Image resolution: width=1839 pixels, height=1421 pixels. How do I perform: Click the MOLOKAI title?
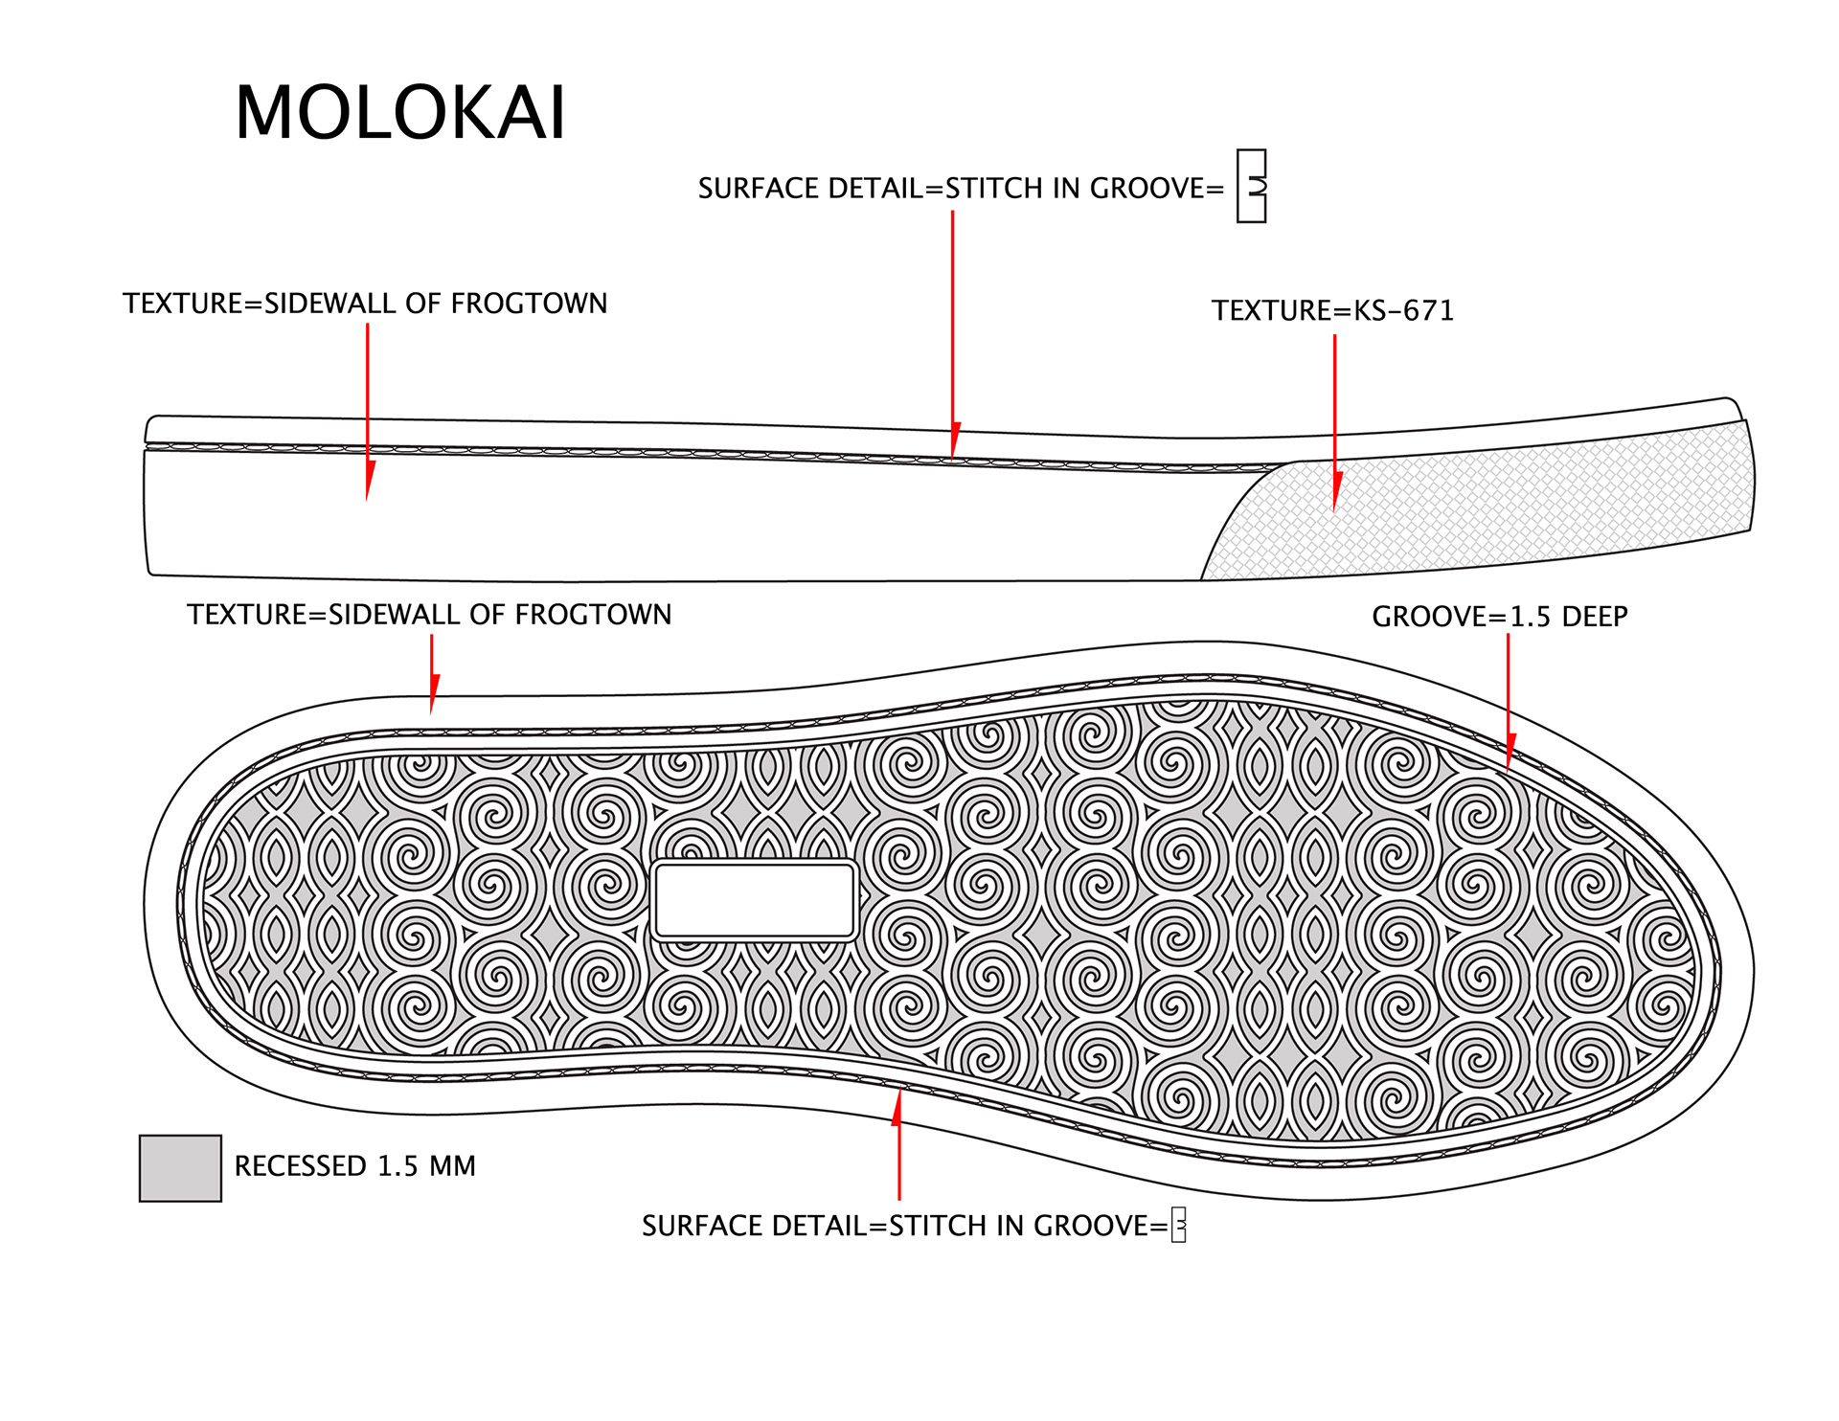pyautogui.click(x=400, y=113)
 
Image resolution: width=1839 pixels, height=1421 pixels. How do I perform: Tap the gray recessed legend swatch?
pyautogui.click(x=180, y=1168)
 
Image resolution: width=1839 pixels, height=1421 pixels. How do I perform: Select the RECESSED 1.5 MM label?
pyautogui.click(x=354, y=1166)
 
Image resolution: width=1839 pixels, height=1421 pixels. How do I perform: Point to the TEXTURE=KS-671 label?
pyautogui.click(x=1332, y=311)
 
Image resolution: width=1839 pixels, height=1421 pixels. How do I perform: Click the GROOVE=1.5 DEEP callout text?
pyautogui.click(x=1499, y=617)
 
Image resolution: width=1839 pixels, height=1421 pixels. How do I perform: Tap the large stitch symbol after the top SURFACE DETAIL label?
pyautogui.click(x=1251, y=186)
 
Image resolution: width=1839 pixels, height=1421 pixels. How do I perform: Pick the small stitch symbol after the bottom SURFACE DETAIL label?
pyautogui.click(x=1179, y=1225)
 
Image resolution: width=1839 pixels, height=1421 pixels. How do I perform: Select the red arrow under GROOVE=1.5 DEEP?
pyautogui.click(x=1509, y=699)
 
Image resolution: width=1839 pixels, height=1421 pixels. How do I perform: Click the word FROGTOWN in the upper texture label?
pyautogui.click(x=529, y=304)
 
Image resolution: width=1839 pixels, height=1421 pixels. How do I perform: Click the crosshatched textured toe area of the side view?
pyautogui.click(x=1494, y=507)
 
